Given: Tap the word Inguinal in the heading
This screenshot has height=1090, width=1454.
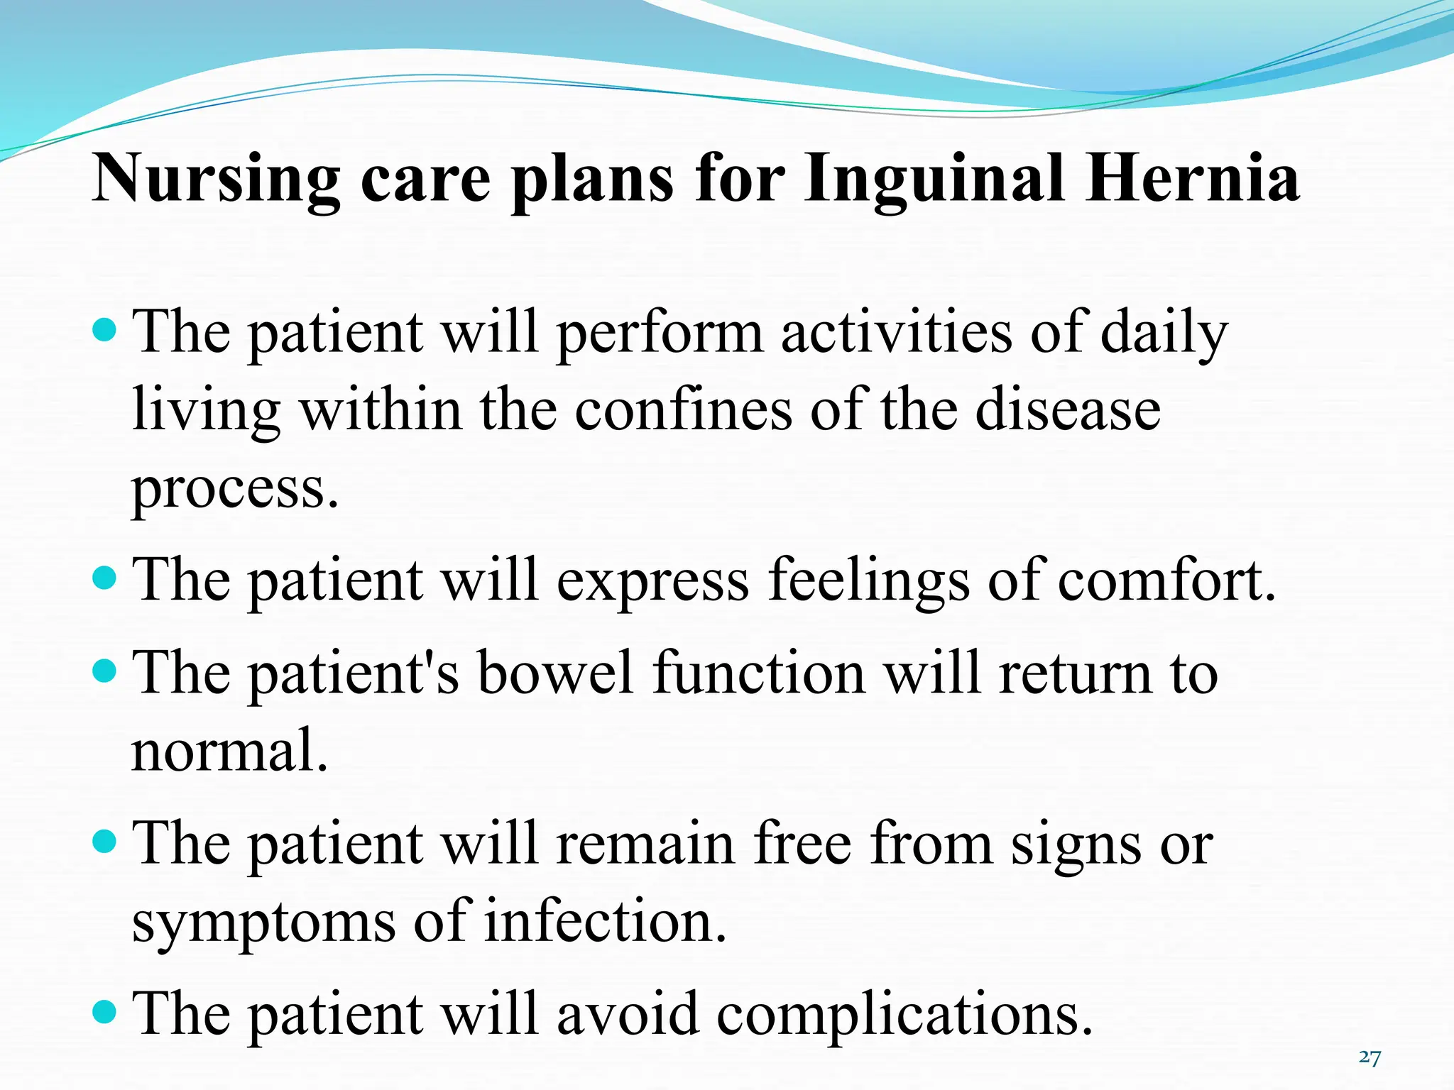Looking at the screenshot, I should coord(934,179).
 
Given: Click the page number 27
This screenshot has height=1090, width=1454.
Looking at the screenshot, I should coord(1370,1058).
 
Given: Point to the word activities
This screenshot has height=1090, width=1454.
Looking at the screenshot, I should coord(896,332).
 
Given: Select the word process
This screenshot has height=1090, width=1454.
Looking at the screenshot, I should coord(234,490).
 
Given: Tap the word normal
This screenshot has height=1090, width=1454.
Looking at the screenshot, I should coord(229,750).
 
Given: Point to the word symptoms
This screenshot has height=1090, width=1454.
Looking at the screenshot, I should coord(263,923).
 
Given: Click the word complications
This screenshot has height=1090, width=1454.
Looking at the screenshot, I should coord(904,1015).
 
